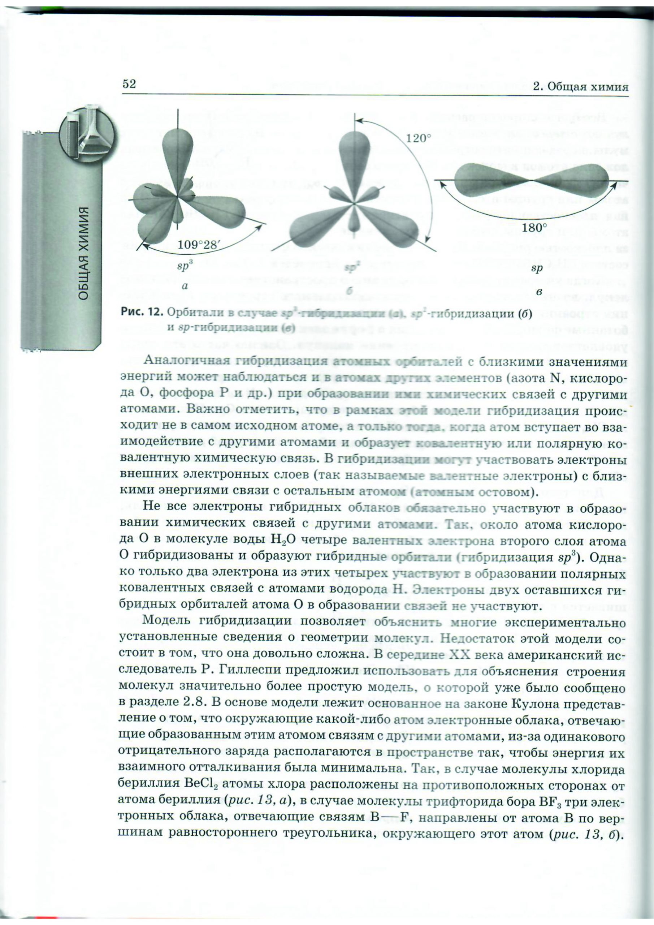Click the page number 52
[129, 84]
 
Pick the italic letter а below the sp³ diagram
[185, 287]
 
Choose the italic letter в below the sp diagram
[539, 291]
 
